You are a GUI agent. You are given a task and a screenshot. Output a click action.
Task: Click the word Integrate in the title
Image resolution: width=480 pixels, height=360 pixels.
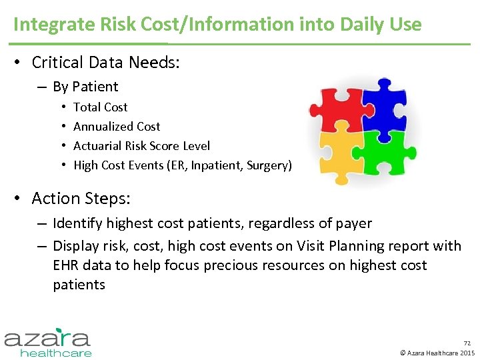point(44,25)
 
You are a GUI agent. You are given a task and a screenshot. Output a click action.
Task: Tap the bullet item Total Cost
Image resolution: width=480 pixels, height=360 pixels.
point(100,107)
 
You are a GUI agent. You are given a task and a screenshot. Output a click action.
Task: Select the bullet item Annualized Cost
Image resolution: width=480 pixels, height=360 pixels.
point(117,127)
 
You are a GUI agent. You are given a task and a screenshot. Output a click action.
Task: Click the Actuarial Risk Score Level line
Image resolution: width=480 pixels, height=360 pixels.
point(141,146)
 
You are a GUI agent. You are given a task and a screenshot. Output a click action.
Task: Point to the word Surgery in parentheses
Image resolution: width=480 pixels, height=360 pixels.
point(269,165)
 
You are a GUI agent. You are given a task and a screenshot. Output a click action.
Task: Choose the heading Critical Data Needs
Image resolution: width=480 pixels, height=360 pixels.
point(106,63)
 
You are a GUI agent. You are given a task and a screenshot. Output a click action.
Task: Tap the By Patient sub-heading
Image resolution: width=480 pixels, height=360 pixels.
point(85,87)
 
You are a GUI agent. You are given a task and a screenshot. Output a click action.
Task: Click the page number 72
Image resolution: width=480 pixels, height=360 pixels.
point(467,343)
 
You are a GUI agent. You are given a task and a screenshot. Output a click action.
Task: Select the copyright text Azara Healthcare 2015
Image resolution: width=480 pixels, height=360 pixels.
point(441,352)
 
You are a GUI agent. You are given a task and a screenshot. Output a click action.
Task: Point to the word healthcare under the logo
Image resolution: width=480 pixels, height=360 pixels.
point(56,352)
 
